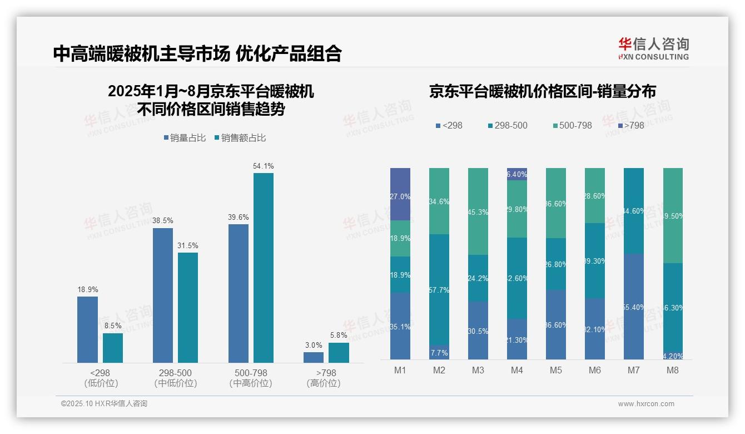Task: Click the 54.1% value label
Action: pos(263,166)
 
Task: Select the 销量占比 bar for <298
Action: pos(87,329)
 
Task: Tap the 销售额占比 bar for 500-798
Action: pos(263,268)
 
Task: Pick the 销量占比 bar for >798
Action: pos(314,357)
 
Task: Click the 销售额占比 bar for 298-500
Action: pos(188,308)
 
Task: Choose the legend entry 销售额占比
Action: pos(240,138)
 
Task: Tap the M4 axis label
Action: pos(516,370)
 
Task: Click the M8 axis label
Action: pos(672,370)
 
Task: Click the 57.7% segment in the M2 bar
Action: pos(439,289)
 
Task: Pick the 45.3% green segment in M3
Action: pos(478,211)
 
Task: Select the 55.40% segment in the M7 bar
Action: pos(634,307)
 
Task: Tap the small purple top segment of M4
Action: pos(517,174)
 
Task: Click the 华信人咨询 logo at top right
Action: pos(653,48)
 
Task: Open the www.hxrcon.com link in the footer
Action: pos(646,404)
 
